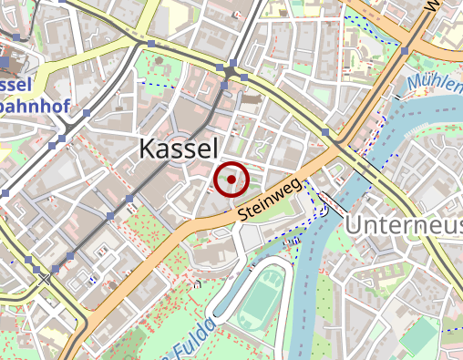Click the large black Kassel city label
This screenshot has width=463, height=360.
[x=179, y=150]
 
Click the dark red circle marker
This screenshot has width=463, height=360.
[x=231, y=180]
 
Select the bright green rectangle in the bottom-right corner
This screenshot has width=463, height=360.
[x=418, y=338]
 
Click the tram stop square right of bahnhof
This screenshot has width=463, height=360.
[x=87, y=114]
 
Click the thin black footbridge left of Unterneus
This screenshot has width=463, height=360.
[x=332, y=206]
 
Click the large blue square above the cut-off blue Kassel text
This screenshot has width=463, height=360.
[x=7, y=62]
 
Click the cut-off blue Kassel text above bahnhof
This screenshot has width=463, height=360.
[x=15, y=85]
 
